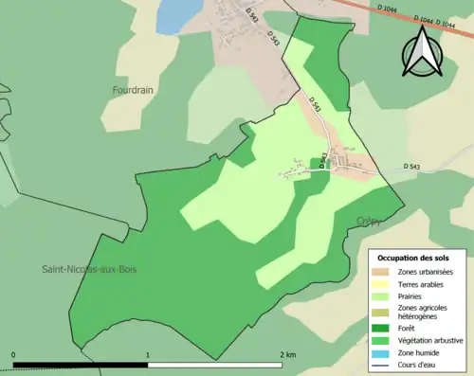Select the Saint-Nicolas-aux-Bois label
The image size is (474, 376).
[x=89, y=269]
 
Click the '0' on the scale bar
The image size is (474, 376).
[x=14, y=354]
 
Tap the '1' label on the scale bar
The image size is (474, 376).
[x=148, y=354]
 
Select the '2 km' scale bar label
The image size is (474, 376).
[x=286, y=354]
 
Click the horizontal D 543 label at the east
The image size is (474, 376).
[x=410, y=168]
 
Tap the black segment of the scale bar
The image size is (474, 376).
[x=81, y=363]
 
